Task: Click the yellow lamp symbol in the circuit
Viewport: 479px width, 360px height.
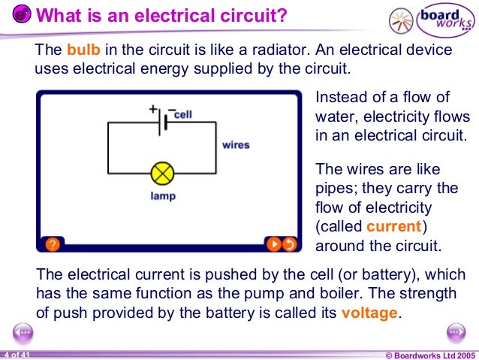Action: (x=162, y=174)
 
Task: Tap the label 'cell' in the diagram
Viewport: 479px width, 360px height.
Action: (x=183, y=114)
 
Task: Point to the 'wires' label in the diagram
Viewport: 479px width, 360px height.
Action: (x=236, y=144)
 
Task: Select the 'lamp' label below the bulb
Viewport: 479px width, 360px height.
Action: (x=162, y=197)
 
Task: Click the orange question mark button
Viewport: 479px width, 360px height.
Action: (x=52, y=244)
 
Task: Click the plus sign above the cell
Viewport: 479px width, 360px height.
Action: (x=152, y=109)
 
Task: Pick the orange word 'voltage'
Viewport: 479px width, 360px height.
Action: (x=369, y=313)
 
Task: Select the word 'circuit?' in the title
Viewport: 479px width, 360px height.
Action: (x=252, y=15)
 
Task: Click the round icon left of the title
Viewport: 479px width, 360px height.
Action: (x=21, y=16)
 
